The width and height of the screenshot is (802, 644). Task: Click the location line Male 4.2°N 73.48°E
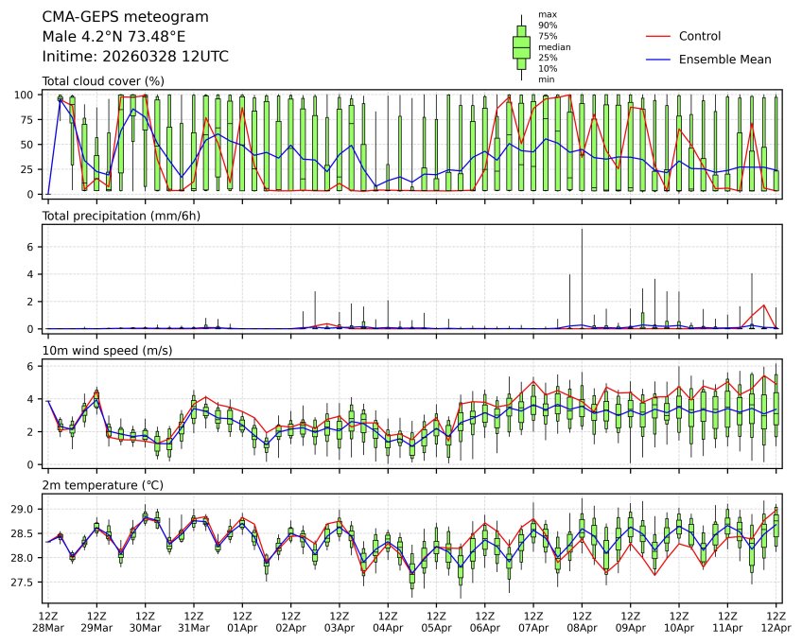pos(114,37)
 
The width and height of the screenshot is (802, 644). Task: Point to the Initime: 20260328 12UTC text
pos(135,57)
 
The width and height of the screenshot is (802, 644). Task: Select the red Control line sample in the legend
pos(658,36)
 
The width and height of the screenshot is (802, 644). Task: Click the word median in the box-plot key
pos(554,46)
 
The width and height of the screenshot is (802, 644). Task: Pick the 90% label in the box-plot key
pos(547,26)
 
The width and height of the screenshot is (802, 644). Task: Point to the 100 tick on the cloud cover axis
pos(26,95)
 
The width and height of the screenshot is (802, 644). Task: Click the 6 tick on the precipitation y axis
pos(31,247)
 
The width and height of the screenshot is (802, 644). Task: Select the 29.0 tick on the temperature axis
pos(25,509)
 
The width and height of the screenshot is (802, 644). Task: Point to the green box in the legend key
pos(520,46)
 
